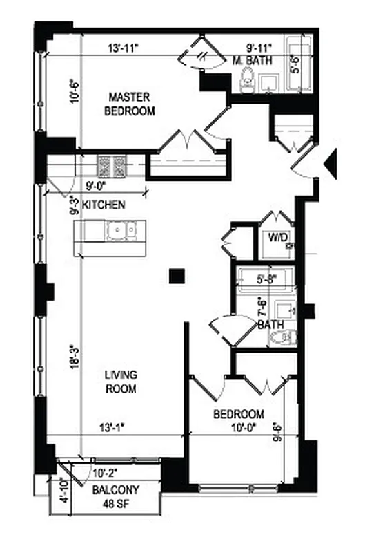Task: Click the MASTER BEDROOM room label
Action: tap(129, 104)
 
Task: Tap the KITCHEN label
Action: tap(104, 205)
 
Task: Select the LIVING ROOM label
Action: tap(121, 382)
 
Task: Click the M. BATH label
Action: tap(253, 60)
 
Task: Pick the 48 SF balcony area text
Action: tap(116, 503)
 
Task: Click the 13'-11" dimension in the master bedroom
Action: tap(124, 49)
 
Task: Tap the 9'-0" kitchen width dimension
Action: tap(95, 185)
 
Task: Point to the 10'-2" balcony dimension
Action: tap(107, 474)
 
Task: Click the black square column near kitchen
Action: tap(177, 276)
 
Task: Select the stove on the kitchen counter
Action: tap(112, 166)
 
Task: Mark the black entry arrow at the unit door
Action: tap(331, 162)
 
